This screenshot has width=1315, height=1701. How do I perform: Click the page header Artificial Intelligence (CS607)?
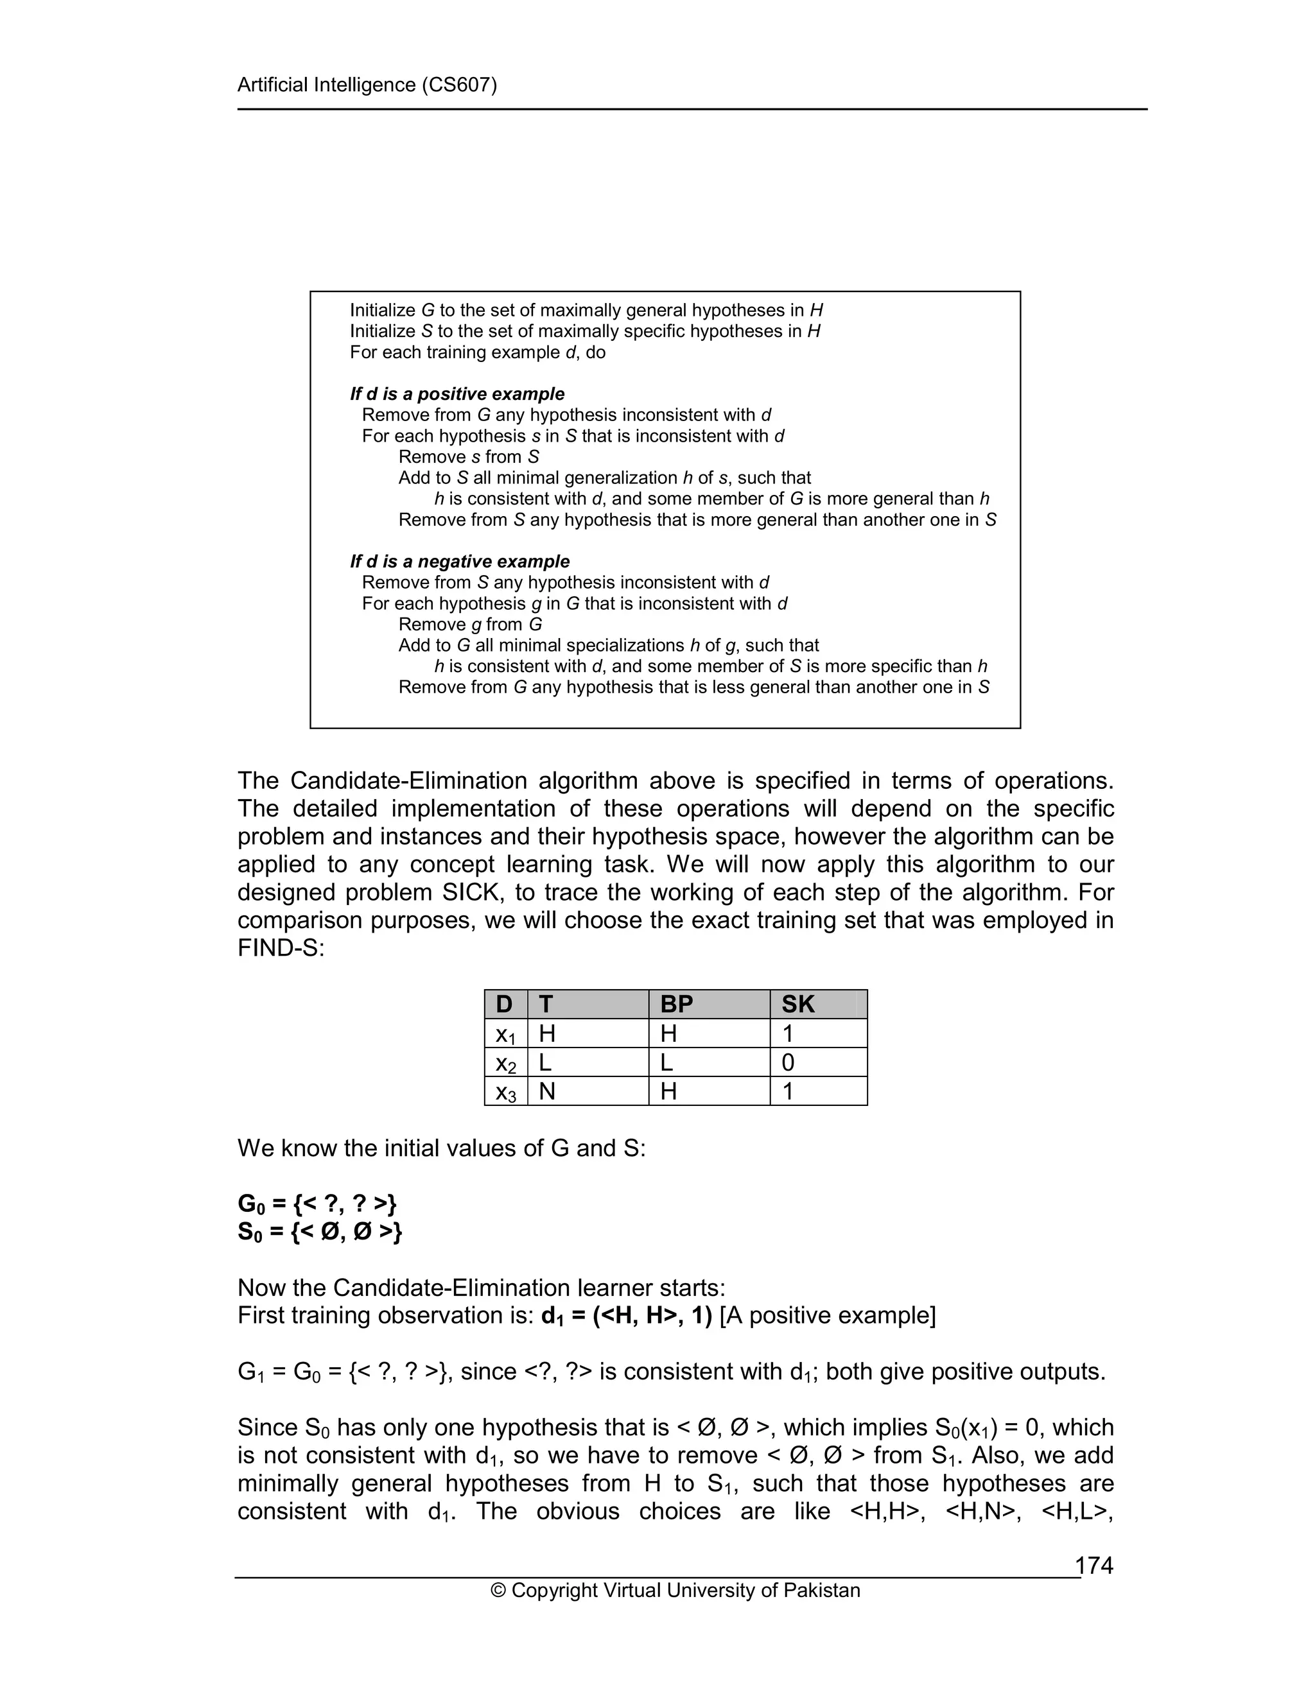pyautogui.click(x=367, y=85)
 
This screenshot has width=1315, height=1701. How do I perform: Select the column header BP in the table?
pyautogui.click(x=676, y=1004)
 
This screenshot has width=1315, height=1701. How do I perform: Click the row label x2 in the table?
pyautogui.click(x=505, y=1063)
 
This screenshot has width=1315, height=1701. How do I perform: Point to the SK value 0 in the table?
pyautogui.click(x=788, y=1062)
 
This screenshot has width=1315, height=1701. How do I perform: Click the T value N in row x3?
pyautogui.click(x=547, y=1091)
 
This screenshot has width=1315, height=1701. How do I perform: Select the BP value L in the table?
pyautogui.click(x=668, y=1062)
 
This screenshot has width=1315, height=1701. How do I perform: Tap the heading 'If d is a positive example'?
pyautogui.click(x=457, y=394)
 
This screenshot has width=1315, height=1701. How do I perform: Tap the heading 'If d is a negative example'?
pyautogui.click(x=460, y=562)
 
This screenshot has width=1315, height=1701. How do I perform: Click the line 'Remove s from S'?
pyautogui.click(x=468, y=457)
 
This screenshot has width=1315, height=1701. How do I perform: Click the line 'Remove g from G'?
pyautogui.click(x=470, y=625)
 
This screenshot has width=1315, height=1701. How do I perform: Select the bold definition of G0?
pyautogui.click(x=317, y=1204)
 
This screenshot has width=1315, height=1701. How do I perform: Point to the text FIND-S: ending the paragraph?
pyautogui.click(x=281, y=948)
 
